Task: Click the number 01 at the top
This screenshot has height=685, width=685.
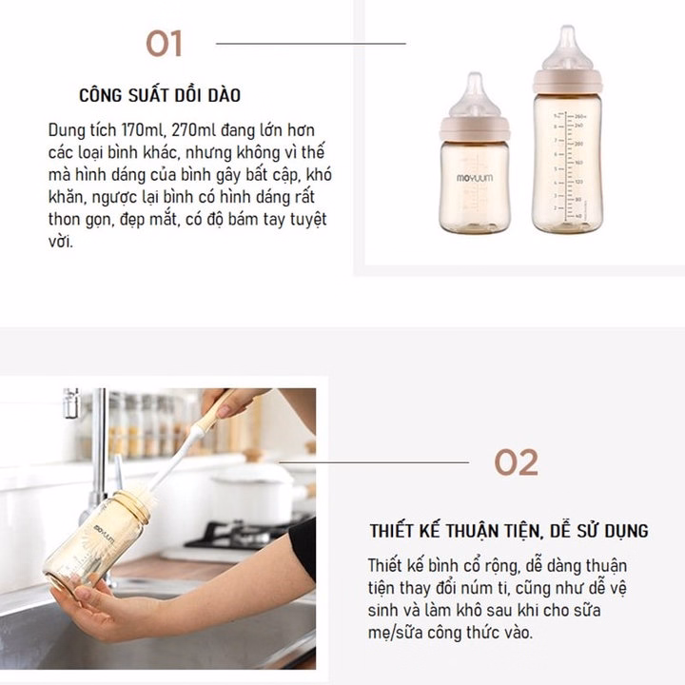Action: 164,43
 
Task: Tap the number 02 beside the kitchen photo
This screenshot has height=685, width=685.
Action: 516,462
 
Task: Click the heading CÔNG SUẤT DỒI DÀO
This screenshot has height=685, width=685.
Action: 160,95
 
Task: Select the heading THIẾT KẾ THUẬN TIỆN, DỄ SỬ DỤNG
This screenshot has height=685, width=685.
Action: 509,531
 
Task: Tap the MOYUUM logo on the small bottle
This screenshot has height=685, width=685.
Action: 475,178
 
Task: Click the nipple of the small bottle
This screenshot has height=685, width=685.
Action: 475,96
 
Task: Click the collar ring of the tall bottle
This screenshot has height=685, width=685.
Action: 567,82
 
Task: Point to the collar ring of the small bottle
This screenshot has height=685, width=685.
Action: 475,128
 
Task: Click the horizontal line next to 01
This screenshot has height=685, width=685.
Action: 310,44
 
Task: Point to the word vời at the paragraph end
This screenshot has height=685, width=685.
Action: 60,241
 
